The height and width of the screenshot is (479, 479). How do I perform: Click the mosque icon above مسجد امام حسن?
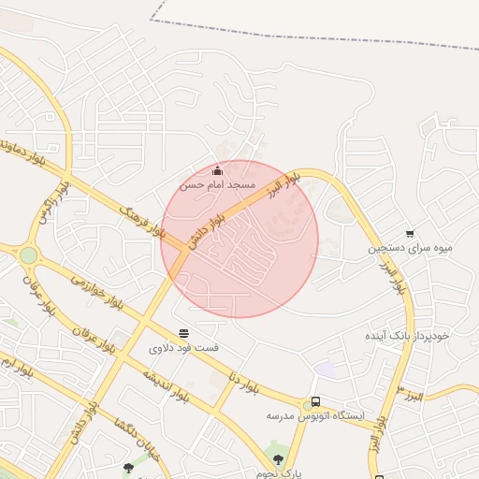(218, 170)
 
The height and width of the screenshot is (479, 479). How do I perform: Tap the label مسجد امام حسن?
(218, 185)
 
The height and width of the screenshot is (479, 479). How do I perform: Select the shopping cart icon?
(410, 234)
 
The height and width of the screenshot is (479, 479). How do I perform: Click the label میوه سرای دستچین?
(410, 248)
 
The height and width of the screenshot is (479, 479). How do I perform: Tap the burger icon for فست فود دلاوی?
(183, 333)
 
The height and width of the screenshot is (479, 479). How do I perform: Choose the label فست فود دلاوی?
(183, 347)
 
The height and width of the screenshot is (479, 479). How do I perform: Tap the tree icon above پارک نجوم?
(277, 459)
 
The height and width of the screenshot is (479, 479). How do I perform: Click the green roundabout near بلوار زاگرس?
(28, 254)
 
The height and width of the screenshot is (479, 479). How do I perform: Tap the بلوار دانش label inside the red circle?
(210, 229)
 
